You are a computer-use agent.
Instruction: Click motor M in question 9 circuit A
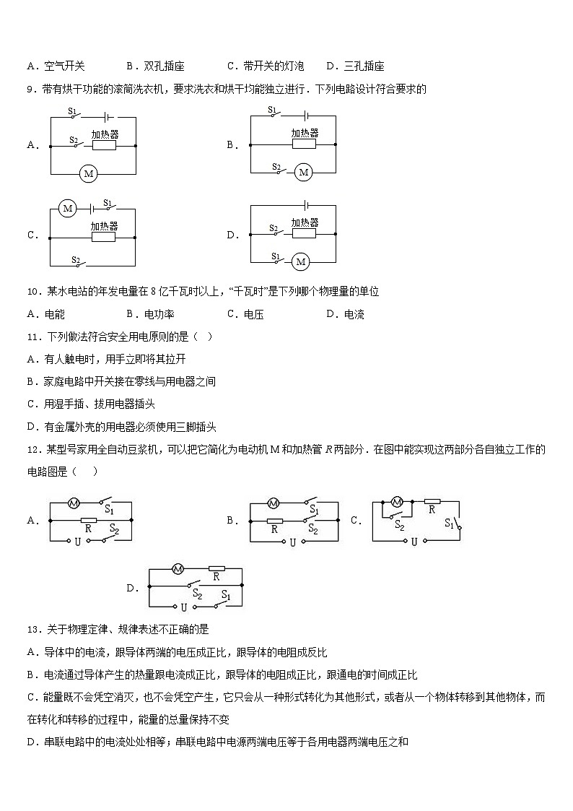(x=89, y=173)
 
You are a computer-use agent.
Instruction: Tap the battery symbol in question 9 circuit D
(x=307, y=206)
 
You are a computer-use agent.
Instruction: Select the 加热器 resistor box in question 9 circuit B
(x=304, y=144)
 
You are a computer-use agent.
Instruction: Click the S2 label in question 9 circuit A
(x=73, y=139)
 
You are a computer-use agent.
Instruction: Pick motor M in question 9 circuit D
(x=300, y=261)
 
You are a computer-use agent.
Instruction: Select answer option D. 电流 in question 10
(x=346, y=314)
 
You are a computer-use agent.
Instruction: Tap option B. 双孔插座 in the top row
(x=155, y=66)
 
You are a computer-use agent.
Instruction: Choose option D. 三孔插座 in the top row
(x=355, y=66)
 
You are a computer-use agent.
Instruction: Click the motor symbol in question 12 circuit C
(x=395, y=501)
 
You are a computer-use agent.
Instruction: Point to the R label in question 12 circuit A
(x=88, y=529)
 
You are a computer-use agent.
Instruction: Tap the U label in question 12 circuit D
(x=184, y=608)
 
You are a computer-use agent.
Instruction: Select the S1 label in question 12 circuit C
(x=449, y=523)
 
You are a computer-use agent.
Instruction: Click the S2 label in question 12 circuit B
(x=313, y=529)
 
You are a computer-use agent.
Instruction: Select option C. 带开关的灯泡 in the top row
(x=266, y=66)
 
